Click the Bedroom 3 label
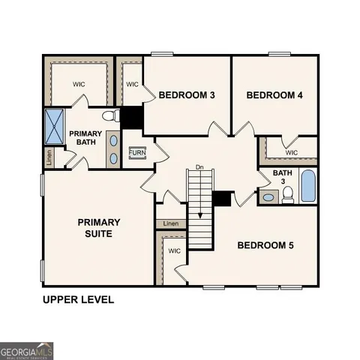pyautogui.click(x=187, y=95)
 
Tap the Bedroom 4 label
pyautogui.click(x=274, y=95)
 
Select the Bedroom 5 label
pyautogui.click(x=266, y=245)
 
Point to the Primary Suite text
pyautogui.click(x=99, y=228)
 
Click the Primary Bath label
pyautogui.click(x=85, y=138)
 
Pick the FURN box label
pyautogui.click(x=137, y=153)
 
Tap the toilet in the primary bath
pyautogui.click(x=110, y=116)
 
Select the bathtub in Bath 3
pyautogui.click(x=308, y=186)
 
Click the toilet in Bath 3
pyautogui.click(x=287, y=195)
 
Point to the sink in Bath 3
pyautogui.click(x=268, y=198)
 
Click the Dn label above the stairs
pyautogui.click(x=199, y=166)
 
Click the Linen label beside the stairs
pyautogui.click(x=171, y=223)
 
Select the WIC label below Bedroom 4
pyautogui.click(x=291, y=152)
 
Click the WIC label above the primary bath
pyautogui.click(x=79, y=84)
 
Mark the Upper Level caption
pyautogui.click(x=78, y=300)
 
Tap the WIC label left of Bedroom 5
pyautogui.click(x=173, y=251)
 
